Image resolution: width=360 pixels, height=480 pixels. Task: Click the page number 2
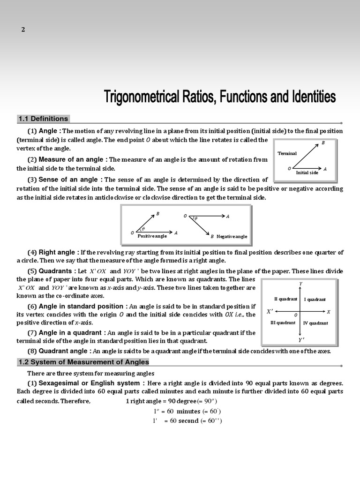coord(23,30)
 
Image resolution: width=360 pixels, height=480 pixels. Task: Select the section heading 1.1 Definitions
coord(43,119)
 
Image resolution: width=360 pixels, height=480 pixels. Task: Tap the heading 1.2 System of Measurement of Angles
coord(83,362)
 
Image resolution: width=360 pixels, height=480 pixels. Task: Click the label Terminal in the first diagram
coord(287,153)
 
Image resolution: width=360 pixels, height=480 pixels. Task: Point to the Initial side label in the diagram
coord(307,172)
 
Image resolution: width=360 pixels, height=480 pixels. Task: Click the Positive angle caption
coord(152,236)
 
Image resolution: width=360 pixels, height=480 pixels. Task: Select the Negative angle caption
coord(232,236)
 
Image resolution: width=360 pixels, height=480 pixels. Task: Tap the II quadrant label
coord(285,299)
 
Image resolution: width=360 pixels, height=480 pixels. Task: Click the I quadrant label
coord(315,299)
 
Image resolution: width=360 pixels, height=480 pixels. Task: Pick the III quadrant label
coord(283,323)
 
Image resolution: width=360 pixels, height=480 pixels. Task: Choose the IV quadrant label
coord(315,323)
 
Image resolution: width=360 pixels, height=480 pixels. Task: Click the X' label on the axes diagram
coord(270,311)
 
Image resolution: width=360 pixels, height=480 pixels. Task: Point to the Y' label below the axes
coord(301,340)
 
